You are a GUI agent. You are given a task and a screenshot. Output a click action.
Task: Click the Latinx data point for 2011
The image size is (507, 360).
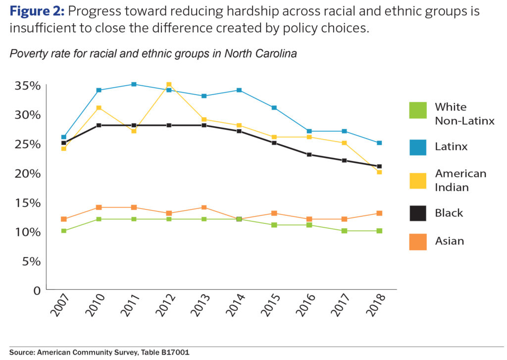click(x=134, y=84)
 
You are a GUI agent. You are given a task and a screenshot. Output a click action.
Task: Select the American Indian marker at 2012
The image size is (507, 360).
click(x=169, y=85)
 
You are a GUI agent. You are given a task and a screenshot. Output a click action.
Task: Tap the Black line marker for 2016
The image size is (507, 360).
click(x=309, y=154)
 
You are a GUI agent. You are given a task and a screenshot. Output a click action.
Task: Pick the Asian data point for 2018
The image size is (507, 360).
click(x=379, y=213)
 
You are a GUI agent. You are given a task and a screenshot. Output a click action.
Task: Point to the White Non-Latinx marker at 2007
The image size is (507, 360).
click(x=63, y=231)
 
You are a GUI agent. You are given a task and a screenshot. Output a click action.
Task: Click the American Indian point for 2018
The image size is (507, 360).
click(x=379, y=172)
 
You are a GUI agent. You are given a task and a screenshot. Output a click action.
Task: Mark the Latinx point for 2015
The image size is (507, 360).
click(x=274, y=107)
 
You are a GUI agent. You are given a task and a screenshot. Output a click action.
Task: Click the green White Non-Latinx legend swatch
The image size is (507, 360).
click(x=417, y=110)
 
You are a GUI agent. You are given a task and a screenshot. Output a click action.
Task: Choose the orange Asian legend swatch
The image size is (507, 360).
click(x=417, y=241)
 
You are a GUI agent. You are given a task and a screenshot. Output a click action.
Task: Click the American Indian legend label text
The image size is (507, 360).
click(x=460, y=180)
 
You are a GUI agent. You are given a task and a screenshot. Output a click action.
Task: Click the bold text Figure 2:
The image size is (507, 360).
click(x=37, y=11)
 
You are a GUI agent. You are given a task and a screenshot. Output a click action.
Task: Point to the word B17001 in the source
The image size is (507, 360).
click(x=173, y=353)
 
